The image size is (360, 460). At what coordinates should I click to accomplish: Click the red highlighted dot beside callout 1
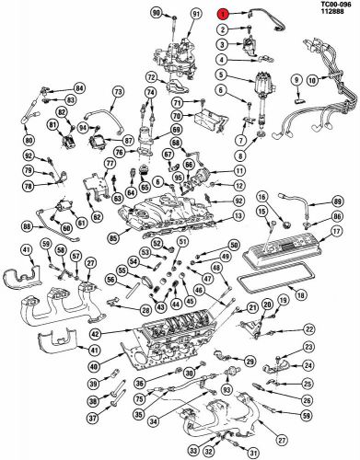click(x=221, y=15)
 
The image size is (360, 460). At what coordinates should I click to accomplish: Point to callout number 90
click(x=156, y=12)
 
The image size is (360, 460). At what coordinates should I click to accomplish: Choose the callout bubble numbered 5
click(x=221, y=74)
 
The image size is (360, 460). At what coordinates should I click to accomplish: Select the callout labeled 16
click(x=261, y=196)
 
